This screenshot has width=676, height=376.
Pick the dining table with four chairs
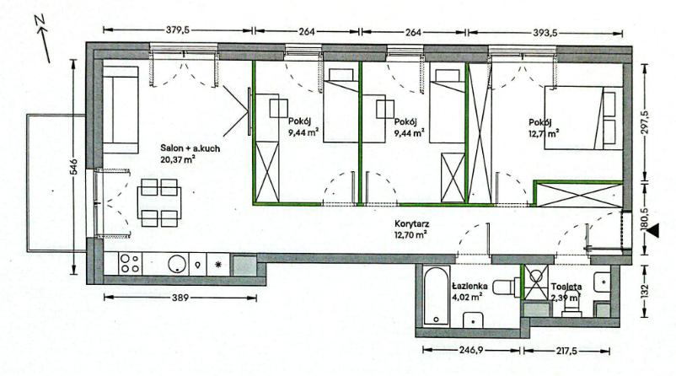[x=158, y=203]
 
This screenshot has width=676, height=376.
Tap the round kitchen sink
[x=178, y=263]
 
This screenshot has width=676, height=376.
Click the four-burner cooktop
[x=130, y=263]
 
